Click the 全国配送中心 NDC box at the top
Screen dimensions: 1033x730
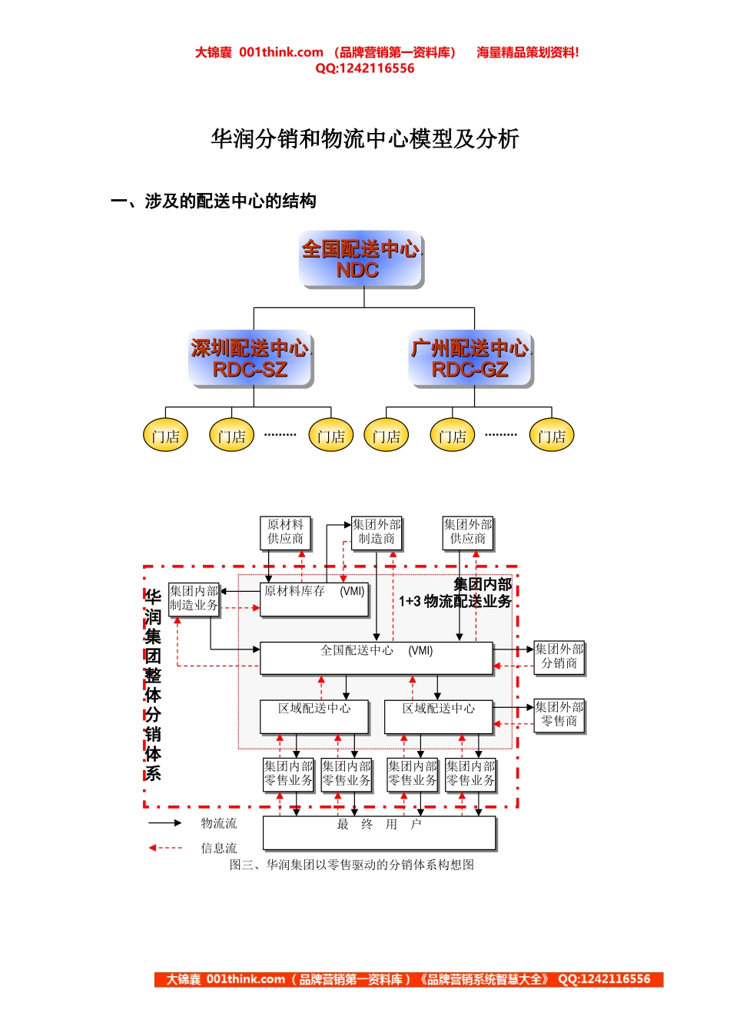(x=361, y=259)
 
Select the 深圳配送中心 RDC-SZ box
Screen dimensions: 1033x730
(x=251, y=359)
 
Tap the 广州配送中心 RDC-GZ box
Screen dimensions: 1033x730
(x=470, y=359)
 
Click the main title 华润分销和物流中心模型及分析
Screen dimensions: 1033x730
(x=365, y=139)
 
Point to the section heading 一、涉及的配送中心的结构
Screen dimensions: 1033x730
(x=214, y=201)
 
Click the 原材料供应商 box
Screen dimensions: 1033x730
(x=285, y=532)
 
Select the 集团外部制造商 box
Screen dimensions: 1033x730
(x=377, y=532)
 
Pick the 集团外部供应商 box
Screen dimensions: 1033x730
(x=468, y=532)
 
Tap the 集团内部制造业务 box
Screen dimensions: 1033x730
(x=194, y=598)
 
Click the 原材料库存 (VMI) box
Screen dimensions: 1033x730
(x=314, y=599)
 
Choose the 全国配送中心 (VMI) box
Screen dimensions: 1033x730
(x=377, y=658)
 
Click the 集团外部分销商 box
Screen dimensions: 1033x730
(x=559, y=656)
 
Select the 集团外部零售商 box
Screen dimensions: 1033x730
(x=559, y=714)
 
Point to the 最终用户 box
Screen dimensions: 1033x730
(x=380, y=832)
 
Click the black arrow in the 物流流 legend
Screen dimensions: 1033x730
(x=164, y=823)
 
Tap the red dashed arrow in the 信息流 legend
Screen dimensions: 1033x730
(x=164, y=848)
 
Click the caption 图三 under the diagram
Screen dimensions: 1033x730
(x=352, y=865)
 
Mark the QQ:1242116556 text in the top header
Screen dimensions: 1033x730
(x=365, y=68)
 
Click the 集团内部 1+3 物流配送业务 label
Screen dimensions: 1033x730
(x=456, y=593)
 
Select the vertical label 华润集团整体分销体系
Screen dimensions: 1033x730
(x=153, y=684)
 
